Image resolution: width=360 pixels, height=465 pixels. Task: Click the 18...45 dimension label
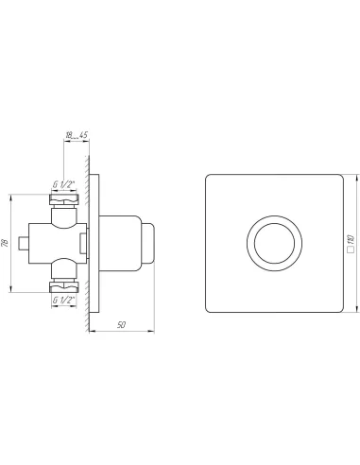[77, 135]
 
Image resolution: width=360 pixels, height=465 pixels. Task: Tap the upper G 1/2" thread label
[64, 184]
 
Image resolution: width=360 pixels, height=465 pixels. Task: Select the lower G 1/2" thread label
[64, 301]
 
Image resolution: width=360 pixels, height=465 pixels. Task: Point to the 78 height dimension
[5, 243]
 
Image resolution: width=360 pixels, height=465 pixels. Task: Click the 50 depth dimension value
[121, 325]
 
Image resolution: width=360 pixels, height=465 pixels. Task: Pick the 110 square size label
[351, 239]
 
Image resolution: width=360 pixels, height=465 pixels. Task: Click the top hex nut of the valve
[64, 199]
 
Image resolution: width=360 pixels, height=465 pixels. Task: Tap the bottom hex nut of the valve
[64, 287]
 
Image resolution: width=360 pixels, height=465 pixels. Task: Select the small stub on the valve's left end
[24, 243]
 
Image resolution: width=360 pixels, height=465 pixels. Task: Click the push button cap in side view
[147, 243]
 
